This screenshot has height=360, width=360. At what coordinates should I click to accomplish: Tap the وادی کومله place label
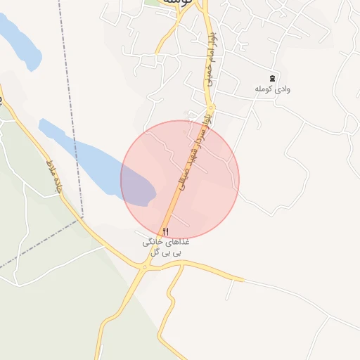(x=272, y=90)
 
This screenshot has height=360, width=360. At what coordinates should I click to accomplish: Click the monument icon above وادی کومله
(x=272, y=77)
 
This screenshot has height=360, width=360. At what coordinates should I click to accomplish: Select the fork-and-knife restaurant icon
(x=166, y=231)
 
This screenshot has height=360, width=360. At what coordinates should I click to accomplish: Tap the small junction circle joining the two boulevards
(x=211, y=108)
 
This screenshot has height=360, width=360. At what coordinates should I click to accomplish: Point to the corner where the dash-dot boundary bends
(x=82, y=219)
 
